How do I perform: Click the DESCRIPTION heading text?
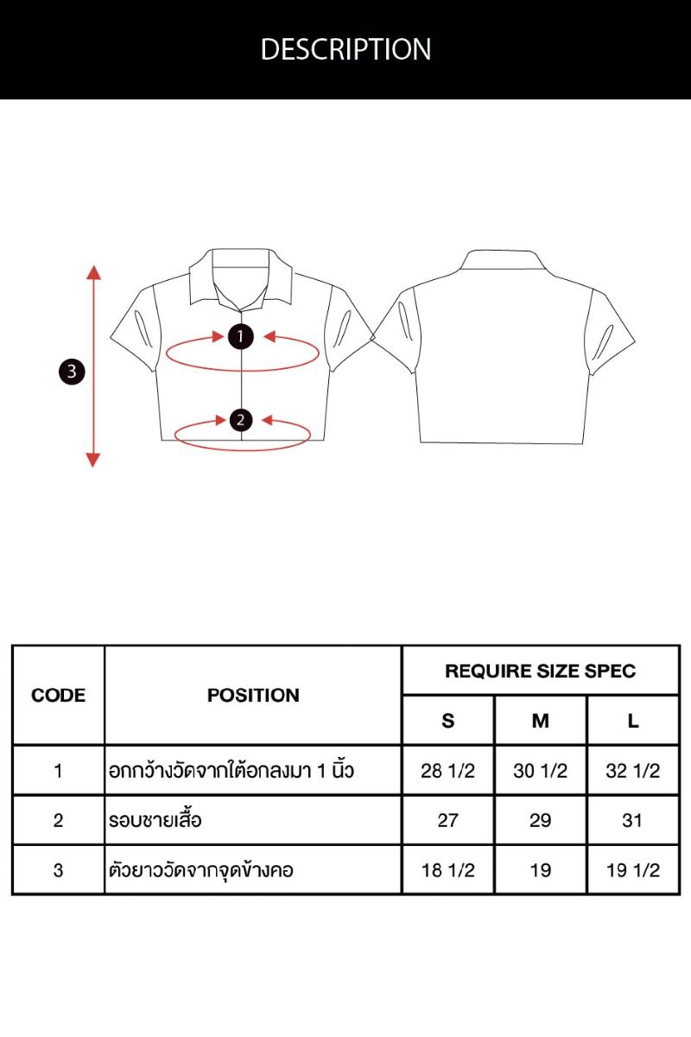[345, 49]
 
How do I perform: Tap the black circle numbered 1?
[241, 336]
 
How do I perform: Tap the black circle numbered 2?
[241, 420]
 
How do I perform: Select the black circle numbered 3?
[72, 372]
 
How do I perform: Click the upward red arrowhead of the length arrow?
[93, 273]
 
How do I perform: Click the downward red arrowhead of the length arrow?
[93, 460]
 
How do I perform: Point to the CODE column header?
[59, 695]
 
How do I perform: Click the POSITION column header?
[253, 695]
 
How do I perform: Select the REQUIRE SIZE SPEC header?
[540, 671]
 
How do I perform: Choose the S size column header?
[448, 721]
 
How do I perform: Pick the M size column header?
[541, 721]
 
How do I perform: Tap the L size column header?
[633, 721]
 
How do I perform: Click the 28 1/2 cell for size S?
[448, 771]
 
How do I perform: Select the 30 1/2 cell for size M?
[541, 771]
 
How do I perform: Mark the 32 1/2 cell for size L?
[633, 771]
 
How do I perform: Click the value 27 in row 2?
[448, 820]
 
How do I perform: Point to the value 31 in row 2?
[632, 820]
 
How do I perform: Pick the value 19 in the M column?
[541, 870]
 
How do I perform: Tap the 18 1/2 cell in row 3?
[448, 870]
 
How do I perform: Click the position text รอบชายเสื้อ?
[155, 820]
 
